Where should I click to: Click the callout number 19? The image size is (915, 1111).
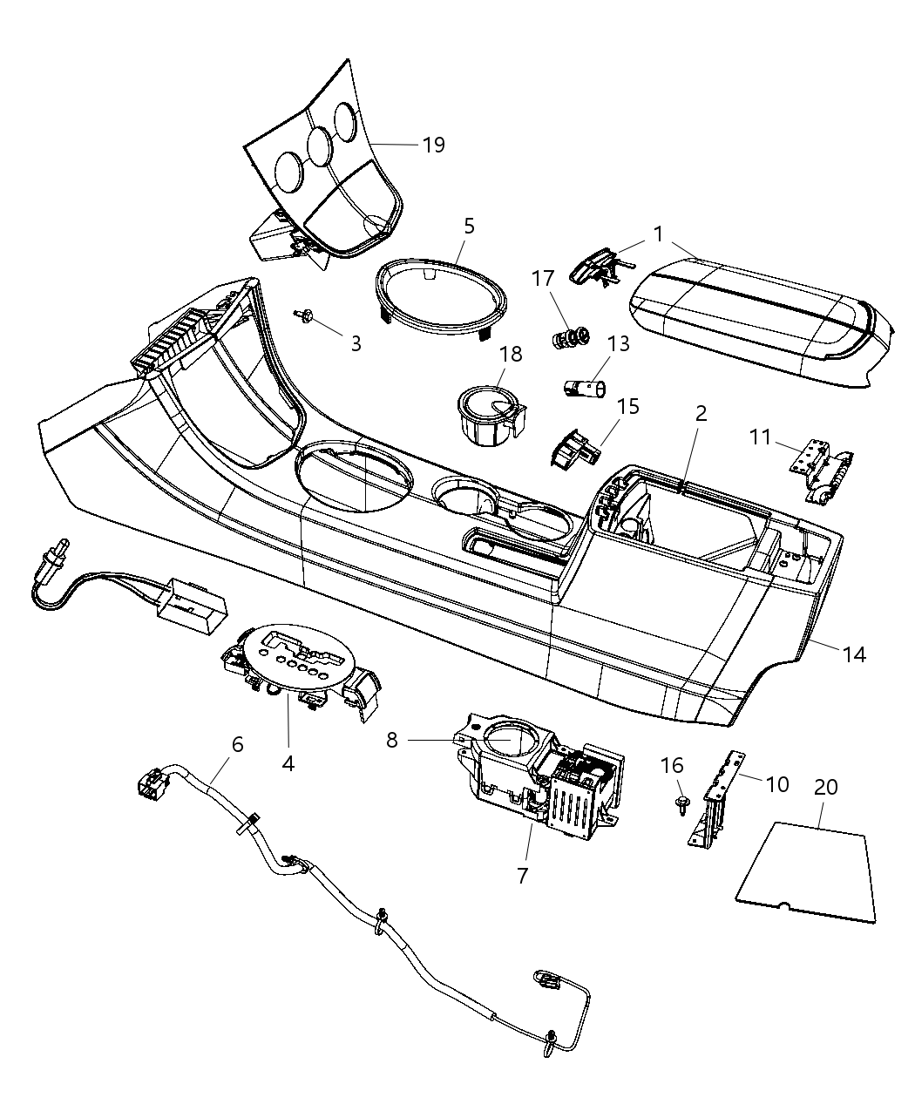433,145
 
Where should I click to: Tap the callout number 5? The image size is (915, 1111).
469,227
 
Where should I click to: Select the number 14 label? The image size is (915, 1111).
854,654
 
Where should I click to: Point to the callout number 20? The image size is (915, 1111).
825,787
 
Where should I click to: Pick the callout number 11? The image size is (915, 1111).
760,436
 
